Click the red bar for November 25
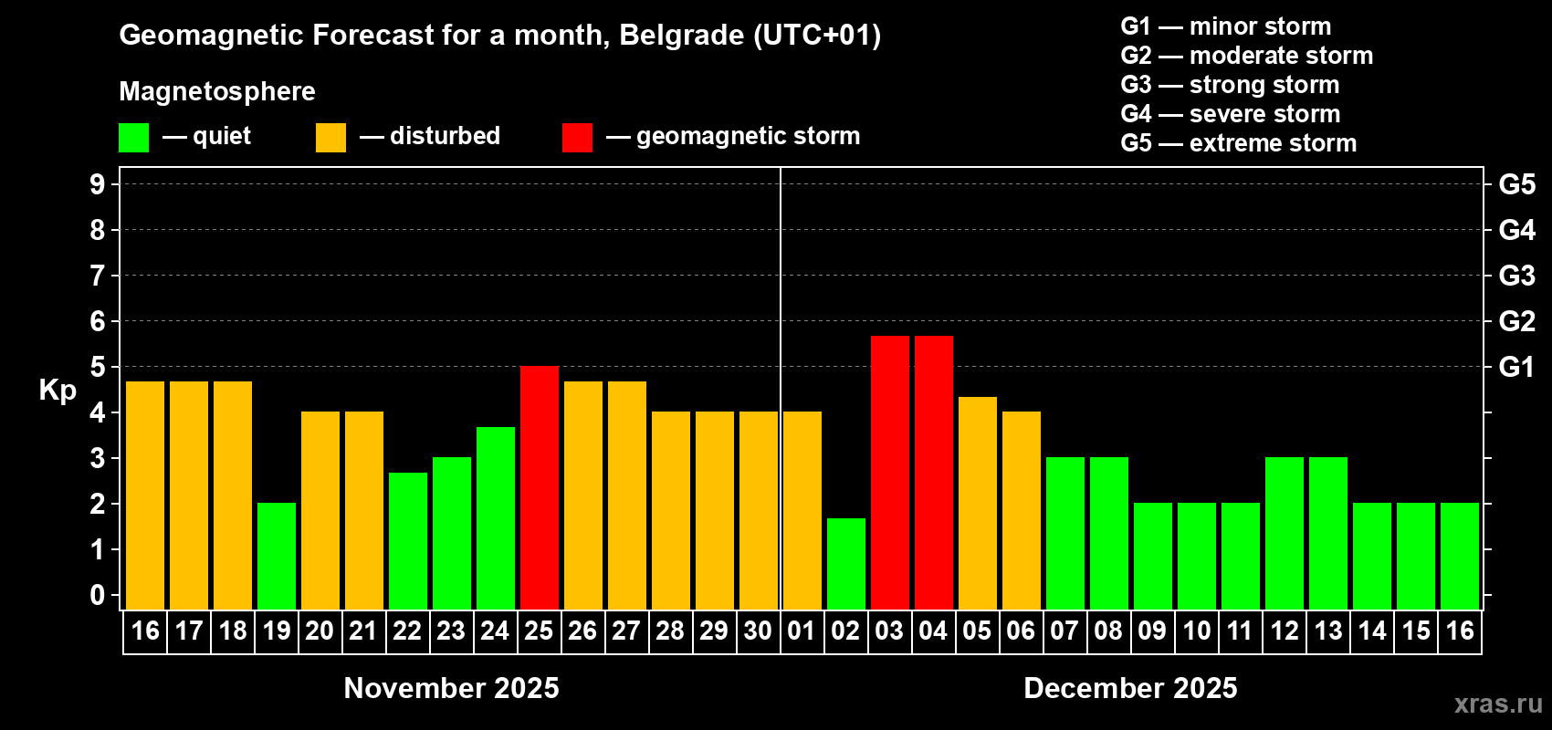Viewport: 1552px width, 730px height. [x=539, y=487]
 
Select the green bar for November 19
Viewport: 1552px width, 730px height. [x=277, y=556]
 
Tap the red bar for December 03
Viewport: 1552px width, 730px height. [x=889, y=473]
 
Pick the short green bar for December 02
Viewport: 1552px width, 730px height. [x=846, y=564]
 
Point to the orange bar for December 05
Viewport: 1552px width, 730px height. [x=978, y=503]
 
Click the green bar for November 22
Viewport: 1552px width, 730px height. [x=408, y=541]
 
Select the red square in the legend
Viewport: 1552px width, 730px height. [x=578, y=137]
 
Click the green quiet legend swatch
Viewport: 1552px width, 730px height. [x=133, y=137]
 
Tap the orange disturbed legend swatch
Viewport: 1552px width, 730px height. [x=331, y=137]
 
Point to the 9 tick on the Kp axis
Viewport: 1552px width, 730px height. [x=97, y=184]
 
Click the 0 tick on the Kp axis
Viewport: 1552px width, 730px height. [x=97, y=595]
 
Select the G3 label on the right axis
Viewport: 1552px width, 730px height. [x=1517, y=276]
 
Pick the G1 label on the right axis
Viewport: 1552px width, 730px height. [x=1516, y=367]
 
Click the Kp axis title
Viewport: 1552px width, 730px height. [x=58, y=391]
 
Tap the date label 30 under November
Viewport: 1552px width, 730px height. [x=758, y=631]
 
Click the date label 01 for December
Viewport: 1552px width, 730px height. [x=801, y=631]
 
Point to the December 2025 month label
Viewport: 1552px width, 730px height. [x=1130, y=688]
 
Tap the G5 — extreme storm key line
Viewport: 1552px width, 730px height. [x=1239, y=143]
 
